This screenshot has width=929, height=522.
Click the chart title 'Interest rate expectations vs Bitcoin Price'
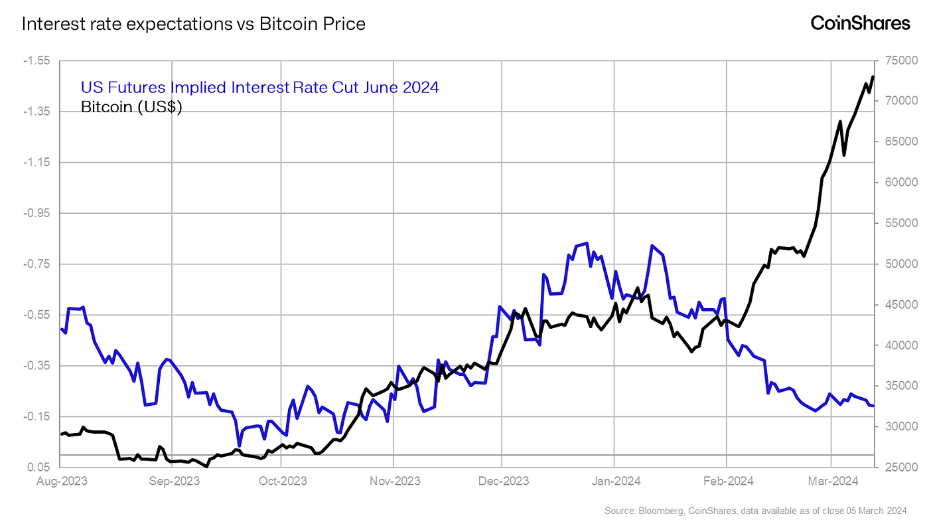tap(193, 25)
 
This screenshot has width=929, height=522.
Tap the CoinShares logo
tap(860, 23)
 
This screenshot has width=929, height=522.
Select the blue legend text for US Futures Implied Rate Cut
tap(259, 87)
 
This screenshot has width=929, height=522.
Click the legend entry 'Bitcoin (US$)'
tap(131, 106)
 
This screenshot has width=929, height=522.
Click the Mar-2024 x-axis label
tap(832, 480)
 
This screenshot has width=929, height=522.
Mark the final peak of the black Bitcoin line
tap(873, 77)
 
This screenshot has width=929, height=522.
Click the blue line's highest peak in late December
tap(587, 243)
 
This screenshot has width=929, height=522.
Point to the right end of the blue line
tap(873, 406)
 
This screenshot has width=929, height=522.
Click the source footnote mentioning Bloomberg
tap(755, 510)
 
